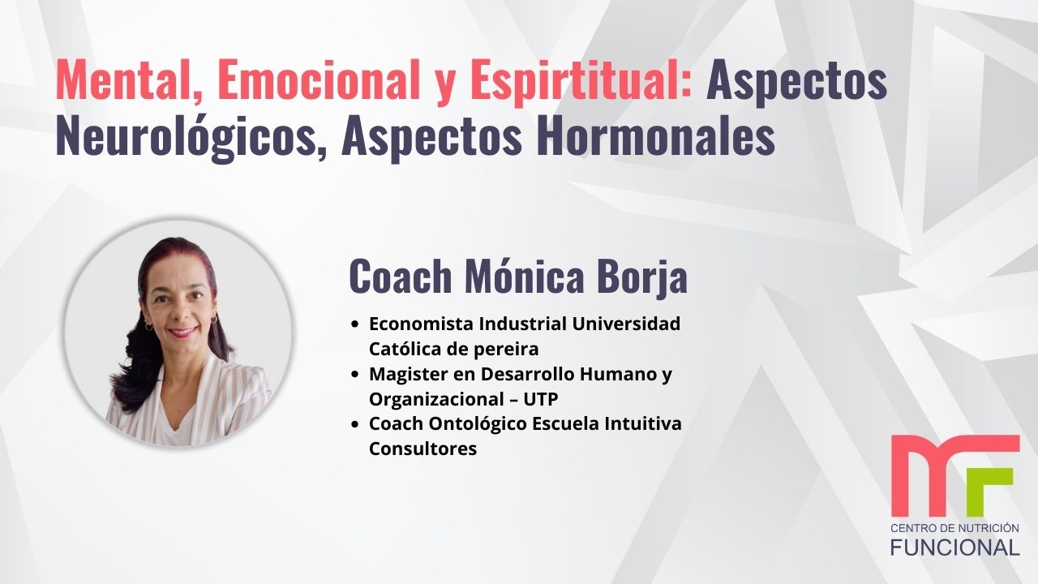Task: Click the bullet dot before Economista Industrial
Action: (x=356, y=324)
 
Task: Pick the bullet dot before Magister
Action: (x=356, y=375)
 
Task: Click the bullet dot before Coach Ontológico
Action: (x=356, y=424)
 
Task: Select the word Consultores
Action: (x=422, y=449)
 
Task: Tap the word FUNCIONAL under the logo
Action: (x=955, y=547)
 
